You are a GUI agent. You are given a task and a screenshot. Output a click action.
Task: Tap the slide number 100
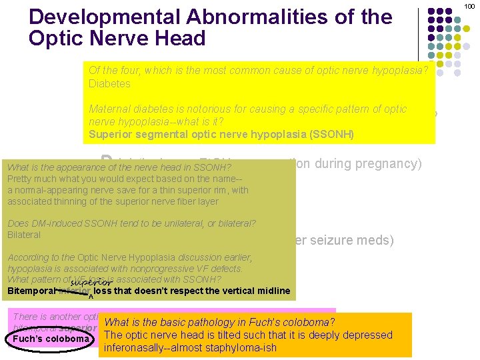[x=472, y=6]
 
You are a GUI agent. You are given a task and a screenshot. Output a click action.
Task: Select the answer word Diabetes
[x=109, y=84]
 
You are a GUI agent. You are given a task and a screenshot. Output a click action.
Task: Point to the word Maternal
[x=112, y=109]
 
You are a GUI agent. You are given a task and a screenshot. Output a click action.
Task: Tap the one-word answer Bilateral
[x=24, y=235]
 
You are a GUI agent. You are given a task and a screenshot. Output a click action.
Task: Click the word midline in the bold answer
[x=273, y=291]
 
